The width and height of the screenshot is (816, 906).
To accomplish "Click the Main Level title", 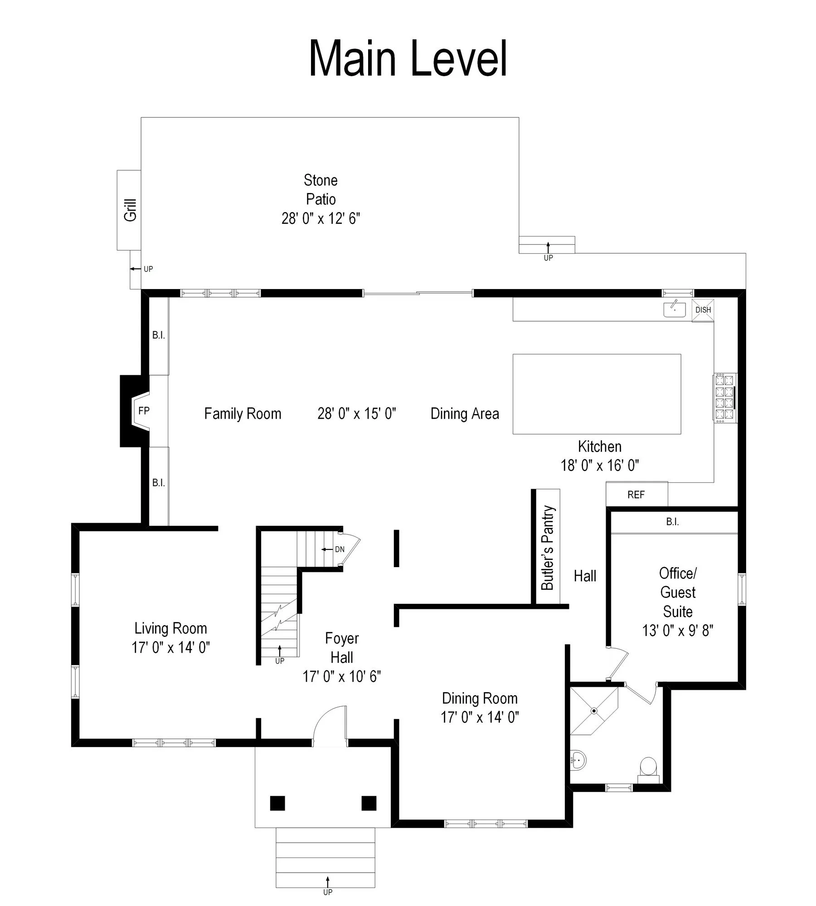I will click(408, 59).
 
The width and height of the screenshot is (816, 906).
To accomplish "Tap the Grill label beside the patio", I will click(130, 210).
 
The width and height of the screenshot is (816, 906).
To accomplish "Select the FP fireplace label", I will click(144, 411).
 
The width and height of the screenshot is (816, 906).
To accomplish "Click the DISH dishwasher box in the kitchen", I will click(703, 310).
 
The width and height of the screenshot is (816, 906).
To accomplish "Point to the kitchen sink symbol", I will click(675, 309).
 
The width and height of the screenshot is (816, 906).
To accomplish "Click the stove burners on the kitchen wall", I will click(724, 398).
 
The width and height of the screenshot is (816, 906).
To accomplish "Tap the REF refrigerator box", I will click(636, 495).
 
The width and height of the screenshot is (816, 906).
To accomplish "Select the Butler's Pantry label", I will click(548, 548).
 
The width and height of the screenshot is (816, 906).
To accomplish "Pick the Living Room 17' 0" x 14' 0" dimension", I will click(170, 647).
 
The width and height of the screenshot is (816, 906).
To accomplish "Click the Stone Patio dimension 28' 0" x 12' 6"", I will click(321, 218).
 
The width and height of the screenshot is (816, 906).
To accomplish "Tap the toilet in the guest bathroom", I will click(648, 766).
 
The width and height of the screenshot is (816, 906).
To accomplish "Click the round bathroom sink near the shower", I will click(578, 759).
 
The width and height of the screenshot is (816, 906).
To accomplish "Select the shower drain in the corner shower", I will click(594, 711).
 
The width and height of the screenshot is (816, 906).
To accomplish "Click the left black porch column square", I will click(277, 803).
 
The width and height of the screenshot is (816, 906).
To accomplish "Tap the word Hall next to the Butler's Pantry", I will click(585, 576).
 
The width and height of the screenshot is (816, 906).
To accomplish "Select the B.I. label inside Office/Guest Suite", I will click(672, 522).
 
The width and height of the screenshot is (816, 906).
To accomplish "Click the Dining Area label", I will click(465, 414).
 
